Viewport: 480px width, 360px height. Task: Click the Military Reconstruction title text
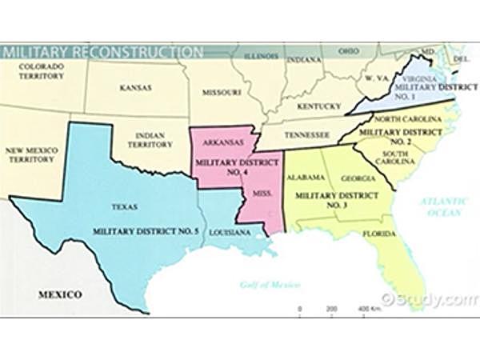click(102, 53)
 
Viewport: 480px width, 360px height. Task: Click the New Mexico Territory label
click(33, 155)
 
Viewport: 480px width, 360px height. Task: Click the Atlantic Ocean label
click(443, 207)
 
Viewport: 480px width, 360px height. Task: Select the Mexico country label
click(60, 295)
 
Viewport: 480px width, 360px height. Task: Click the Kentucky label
click(319, 106)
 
